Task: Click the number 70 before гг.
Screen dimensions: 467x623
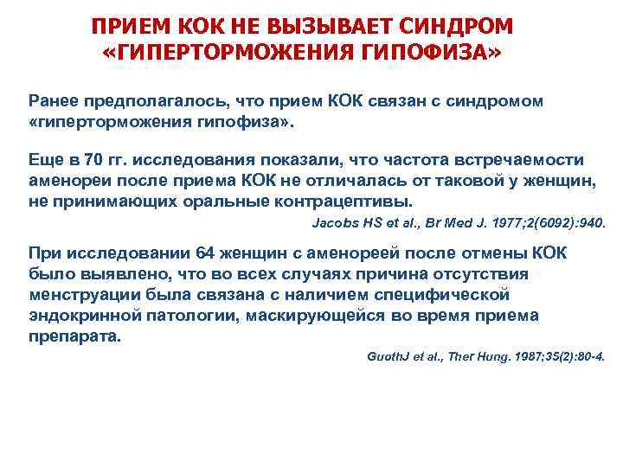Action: (96, 160)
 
